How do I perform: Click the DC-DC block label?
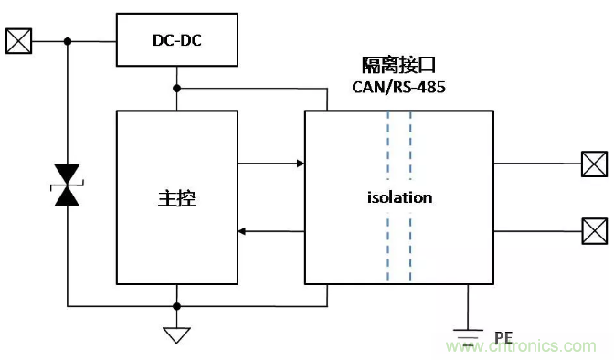click(x=177, y=40)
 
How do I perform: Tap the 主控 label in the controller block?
click(x=177, y=198)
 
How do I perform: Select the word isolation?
click(x=400, y=197)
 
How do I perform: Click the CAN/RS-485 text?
click(x=398, y=87)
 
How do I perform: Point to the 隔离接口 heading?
click(x=398, y=65)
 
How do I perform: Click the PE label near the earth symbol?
click(x=503, y=337)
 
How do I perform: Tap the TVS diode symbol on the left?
click(x=67, y=185)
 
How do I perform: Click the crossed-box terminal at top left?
click(x=18, y=41)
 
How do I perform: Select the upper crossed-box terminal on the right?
click(x=595, y=164)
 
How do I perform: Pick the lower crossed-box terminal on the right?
click(x=595, y=231)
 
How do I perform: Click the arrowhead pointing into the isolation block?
click(x=301, y=164)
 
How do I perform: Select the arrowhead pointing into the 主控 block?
click(x=242, y=231)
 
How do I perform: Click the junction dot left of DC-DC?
click(x=68, y=41)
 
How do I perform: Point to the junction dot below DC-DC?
click(x=177, y=89)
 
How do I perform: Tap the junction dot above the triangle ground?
click(x=177, y=306)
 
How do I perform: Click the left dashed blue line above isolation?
click(x=388, y=145)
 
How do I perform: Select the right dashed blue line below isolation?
click(x=410, y=247)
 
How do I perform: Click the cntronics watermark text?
click(x=521, y=346)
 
